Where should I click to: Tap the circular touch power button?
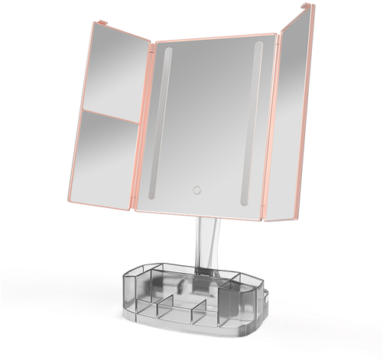[195, 189]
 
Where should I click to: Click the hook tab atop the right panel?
[310, 8]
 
